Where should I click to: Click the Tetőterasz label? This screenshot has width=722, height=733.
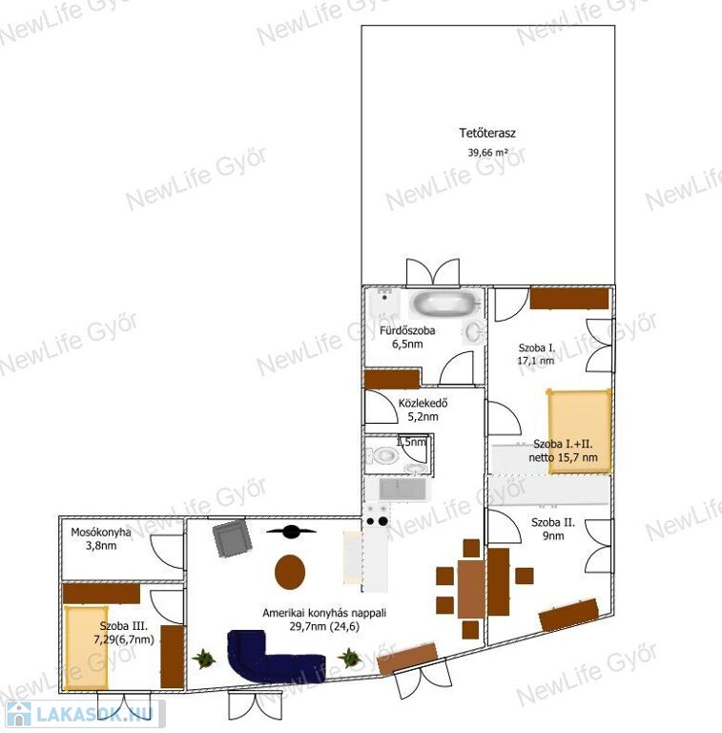[487, 134]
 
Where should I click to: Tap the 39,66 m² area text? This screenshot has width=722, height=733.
[488, 153]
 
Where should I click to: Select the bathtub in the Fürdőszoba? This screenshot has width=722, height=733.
[444, 304]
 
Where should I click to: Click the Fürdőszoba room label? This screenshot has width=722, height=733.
[407, 330]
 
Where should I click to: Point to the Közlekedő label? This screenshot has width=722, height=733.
[423, 403]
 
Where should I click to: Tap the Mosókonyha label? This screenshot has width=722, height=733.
[101, 533]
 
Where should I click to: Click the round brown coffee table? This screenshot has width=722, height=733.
[290, 572]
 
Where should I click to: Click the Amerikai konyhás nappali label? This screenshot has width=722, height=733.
[324, 613]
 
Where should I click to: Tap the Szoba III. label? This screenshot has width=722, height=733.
[123, 626]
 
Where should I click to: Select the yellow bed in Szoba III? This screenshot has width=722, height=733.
[87, 648]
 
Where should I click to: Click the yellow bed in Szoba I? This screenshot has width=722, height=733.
[579, 431]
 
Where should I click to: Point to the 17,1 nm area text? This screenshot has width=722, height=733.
[536, 361]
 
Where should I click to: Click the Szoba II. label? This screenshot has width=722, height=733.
[553, 523]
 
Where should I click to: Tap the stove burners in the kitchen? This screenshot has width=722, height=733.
[377, 515]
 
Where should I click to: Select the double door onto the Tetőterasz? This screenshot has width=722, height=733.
[433, 272]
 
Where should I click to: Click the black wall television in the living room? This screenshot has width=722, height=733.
[291, 531]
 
